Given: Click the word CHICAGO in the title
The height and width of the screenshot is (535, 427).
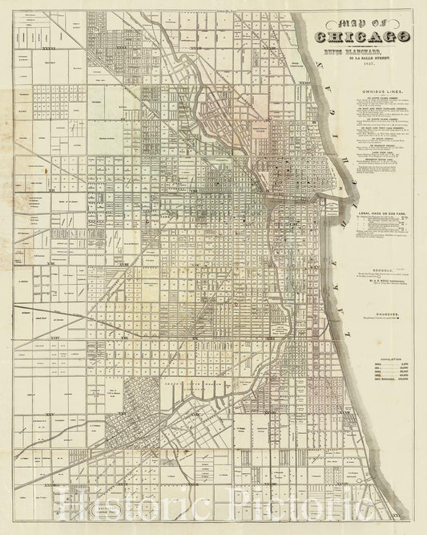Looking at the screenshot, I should coord(364,36).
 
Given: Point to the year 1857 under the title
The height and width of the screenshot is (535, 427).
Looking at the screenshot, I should coord(364,70).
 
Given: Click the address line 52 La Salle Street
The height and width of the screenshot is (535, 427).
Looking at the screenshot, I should coord(364,62).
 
